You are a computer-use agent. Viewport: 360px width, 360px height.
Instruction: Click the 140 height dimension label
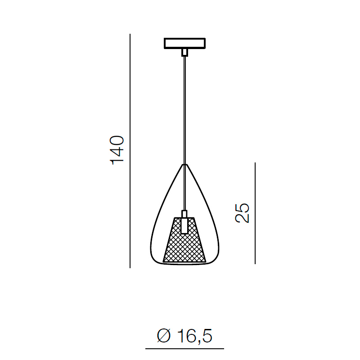117,150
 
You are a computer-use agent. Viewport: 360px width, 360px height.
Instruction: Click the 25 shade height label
242,213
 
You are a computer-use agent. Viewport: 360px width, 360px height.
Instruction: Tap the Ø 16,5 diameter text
184,336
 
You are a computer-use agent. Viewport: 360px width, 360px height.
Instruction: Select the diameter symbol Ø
164,336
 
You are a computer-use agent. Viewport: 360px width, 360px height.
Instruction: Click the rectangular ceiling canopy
184,43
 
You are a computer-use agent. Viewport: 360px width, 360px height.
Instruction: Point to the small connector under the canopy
184,53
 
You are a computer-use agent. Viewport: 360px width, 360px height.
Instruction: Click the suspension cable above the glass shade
184,110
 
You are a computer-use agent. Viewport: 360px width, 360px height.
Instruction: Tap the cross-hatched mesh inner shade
184,240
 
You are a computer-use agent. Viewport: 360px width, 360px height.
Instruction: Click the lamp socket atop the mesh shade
184,222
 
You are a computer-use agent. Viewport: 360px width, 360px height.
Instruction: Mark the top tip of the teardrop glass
184,164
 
